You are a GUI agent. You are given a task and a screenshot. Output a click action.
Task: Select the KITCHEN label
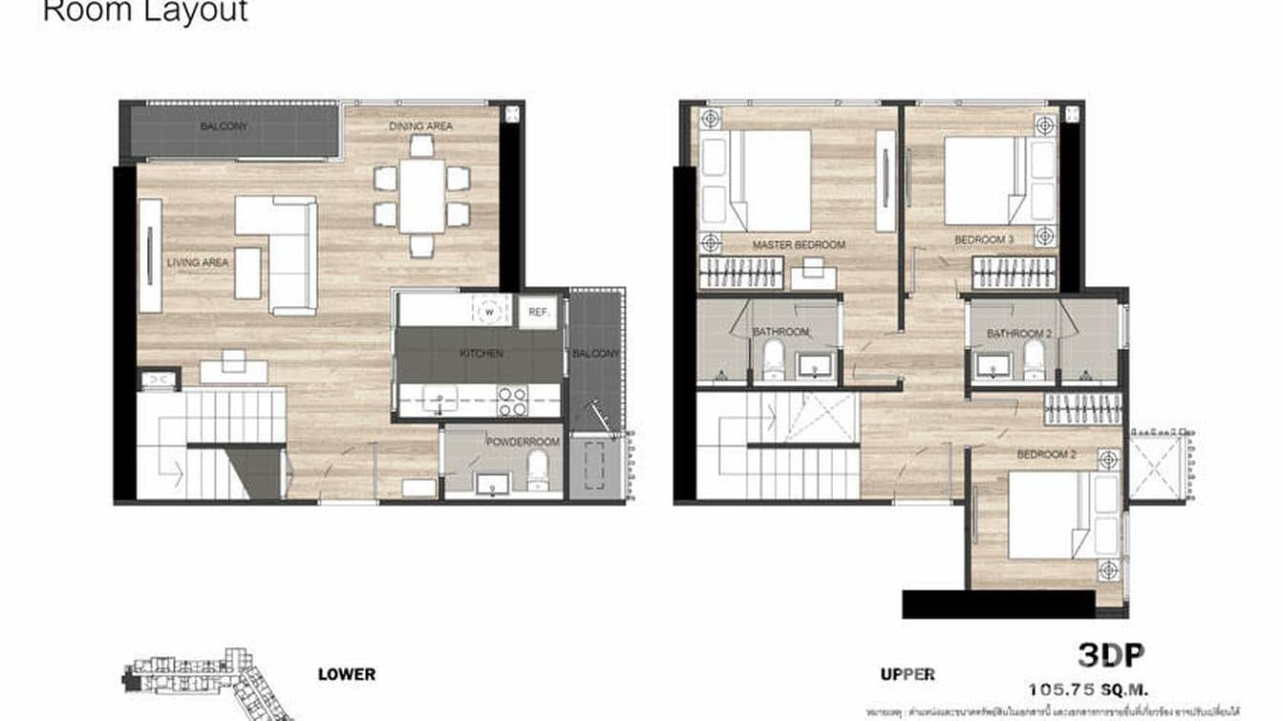[x=481, y=354]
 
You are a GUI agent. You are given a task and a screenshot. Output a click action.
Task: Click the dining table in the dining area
[x=421, y=196]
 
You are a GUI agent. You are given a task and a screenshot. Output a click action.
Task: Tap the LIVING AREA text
[x=198, y=262]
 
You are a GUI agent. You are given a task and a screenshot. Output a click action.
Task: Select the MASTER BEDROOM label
[x=799, y=245]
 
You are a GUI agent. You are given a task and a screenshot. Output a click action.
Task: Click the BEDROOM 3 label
[x=984, y=239]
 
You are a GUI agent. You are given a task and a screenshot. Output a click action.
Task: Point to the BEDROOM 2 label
[x=1046, y=454]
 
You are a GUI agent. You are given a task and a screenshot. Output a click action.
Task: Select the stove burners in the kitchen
[x=513, y=401]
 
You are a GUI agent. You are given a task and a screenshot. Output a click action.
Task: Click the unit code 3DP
[x=1111, y=655]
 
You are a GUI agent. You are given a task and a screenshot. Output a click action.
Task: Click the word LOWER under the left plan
[x=346, y=674]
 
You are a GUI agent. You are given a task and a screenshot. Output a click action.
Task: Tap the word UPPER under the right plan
[x=907, y=674]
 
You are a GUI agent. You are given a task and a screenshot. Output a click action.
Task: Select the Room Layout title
[x=145, y=11]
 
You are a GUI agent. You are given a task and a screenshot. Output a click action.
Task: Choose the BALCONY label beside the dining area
[x=224, y=126]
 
